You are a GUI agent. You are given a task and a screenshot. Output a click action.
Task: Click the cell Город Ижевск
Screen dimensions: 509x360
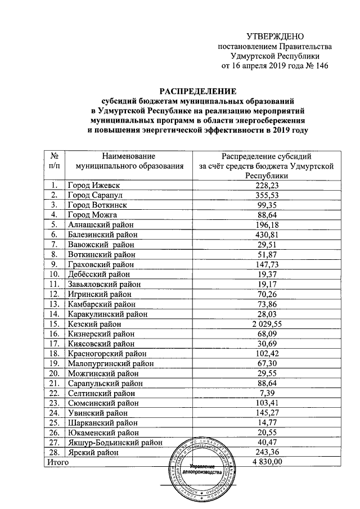pyautogui.click(x=94, y=185)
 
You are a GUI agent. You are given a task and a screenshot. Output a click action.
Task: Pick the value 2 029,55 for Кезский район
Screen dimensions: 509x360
pyautogui.click(x=267, y=324)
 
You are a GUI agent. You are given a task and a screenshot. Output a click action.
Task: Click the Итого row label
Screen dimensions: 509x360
pyautogui.click(x=57, y=462)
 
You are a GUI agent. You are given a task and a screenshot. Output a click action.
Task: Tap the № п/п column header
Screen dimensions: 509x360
pyautogui.click(x=55, y=160)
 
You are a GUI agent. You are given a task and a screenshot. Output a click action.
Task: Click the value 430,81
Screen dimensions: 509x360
pyautogui.click(x=267, y=235)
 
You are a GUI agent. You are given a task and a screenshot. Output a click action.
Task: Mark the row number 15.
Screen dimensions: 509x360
pyautogui.click(x=55, y=324)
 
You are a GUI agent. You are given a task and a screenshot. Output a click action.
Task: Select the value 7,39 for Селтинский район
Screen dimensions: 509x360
pyautogui.click(x=267, y=393)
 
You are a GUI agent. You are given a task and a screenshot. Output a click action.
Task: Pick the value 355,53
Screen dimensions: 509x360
pyautogui.click(x=267, y=195)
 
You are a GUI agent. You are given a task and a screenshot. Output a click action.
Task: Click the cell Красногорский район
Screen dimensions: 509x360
pyautogui.click(x=106, y=354)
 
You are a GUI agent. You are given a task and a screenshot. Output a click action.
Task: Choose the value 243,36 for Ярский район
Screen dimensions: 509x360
pyautogui.click(x=267, y=452)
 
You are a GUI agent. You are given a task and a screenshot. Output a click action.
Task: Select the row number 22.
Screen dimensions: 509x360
pyautogui.click(x=55, y=393)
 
